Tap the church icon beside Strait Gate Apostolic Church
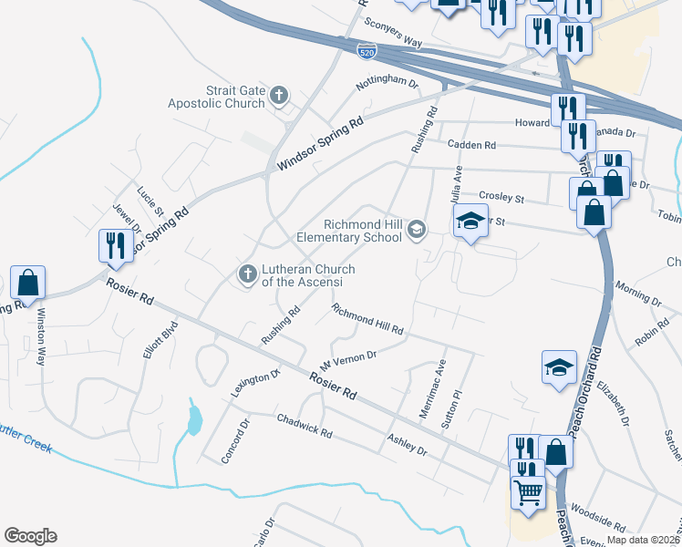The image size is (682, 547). point(279,94)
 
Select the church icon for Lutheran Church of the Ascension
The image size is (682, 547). point(246,273)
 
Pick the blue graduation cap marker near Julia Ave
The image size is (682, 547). point(470,222)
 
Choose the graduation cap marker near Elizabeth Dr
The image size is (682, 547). point(559,367)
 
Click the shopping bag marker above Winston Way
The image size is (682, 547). point(28,282)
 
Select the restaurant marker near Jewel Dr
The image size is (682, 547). point(116,245)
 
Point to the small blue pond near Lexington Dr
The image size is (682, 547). point(193,418)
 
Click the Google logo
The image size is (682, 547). point(30,536)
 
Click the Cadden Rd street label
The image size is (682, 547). point(471,145)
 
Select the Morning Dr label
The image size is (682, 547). point(638,298)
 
